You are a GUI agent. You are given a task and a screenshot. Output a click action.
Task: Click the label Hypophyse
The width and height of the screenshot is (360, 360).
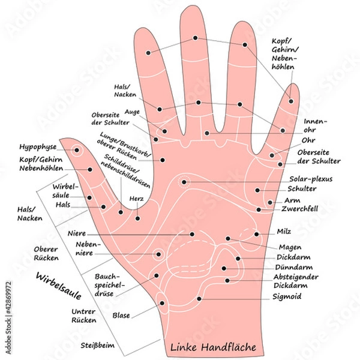click(37, 146)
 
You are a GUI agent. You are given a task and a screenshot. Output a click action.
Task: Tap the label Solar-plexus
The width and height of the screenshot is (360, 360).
click(310, 179)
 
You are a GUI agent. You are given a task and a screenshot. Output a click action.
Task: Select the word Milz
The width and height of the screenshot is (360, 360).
click(284, 231)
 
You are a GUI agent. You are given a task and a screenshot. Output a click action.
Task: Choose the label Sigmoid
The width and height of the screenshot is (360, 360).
click(287, 296)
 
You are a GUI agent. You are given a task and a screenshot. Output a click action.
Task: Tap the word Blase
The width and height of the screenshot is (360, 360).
click(121, 315)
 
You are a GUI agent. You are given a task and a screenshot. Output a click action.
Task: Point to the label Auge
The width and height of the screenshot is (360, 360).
click(131, 112)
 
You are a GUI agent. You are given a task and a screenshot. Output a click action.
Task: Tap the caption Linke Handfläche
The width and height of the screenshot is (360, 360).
click(213, 347)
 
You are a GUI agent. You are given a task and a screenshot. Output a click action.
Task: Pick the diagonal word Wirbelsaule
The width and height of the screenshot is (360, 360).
click(59, 289)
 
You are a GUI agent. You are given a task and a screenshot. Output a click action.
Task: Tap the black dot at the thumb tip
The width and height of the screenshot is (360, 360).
click(77, 150)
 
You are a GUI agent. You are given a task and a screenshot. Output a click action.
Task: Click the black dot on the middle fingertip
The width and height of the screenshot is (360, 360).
click(196, 38)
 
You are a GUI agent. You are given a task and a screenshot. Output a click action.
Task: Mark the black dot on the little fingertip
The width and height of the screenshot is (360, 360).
click(292, 101)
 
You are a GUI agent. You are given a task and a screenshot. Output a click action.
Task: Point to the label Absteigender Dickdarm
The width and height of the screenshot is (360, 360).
click(296, 281)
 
